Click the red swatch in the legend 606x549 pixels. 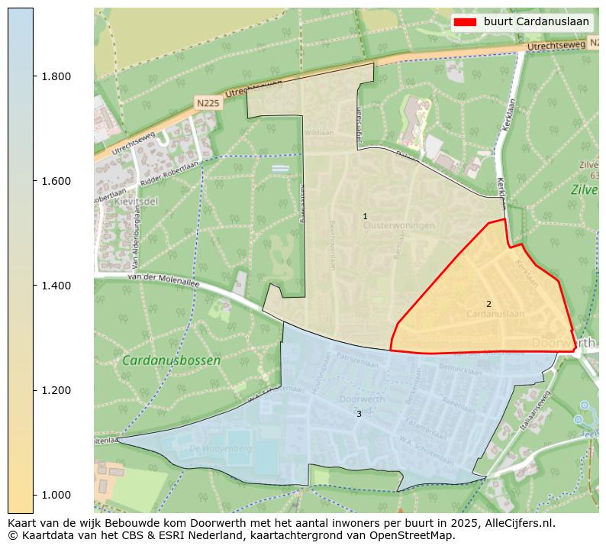[x=465, y=21]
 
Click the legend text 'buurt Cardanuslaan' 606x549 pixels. [x=536, y=21]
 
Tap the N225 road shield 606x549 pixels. [x=208, y=103]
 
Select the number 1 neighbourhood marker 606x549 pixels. [x=365, y=217]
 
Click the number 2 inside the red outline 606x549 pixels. [x=488, y=304]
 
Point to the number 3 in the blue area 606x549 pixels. [x=359, y=414]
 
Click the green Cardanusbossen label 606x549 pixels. [x=171, y=360]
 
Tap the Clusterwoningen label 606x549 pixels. [x=398, y=226]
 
